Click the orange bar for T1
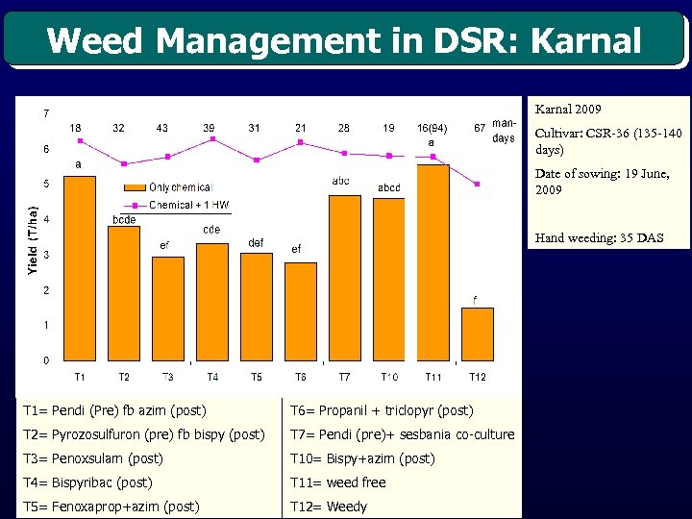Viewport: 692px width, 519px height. pos(80,269)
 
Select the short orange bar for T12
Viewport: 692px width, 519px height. pos(477,334)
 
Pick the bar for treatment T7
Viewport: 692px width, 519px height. pos(344,278)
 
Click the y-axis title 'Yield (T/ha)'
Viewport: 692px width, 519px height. pos(33,240)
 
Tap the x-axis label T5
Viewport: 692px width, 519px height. pos(256,376)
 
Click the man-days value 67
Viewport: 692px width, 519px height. pos(480,128)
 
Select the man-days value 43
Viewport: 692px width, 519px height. pos(162,128)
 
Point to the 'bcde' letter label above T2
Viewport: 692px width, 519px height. pos(124,219)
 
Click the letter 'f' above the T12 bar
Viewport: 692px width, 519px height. pos(475,299)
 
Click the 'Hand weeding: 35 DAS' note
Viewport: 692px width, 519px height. pos(599,237)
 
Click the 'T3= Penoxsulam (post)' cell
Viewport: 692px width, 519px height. pos(92,458)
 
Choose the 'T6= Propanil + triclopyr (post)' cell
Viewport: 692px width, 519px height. pos(381,410)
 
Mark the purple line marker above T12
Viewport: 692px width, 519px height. pos(477,184)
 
